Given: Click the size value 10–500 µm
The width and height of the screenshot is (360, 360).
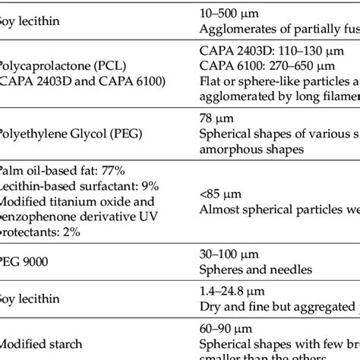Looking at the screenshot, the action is pos(227,14).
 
